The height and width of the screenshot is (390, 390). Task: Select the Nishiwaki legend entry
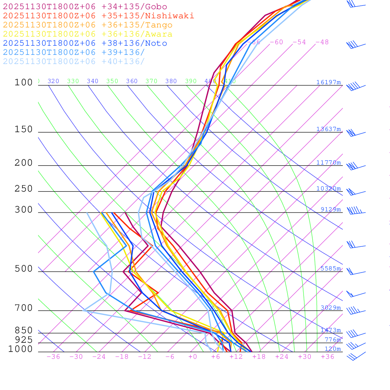(x=98, y=16)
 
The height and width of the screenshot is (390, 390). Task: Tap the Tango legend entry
(x=88, y=25)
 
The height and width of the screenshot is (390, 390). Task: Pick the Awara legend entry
(x=88, y=34)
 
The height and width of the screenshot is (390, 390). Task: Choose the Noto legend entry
(x=85, y=43)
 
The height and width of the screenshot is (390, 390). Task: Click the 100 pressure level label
(x=24, y=82)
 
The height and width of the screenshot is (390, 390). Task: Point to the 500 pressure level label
(x=24, y=269)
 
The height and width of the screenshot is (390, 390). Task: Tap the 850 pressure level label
(x=24, y=331)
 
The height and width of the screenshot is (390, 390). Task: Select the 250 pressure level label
(x=24, y=189)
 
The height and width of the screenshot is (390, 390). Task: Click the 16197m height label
(x=329, y=82)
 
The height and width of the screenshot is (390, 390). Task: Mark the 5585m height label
(x=331, y=269)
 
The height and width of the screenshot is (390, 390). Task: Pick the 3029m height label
(x=331, y=308)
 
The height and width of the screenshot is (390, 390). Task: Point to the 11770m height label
(x=329, y=163)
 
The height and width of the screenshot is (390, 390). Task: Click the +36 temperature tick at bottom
(x=328, y=357)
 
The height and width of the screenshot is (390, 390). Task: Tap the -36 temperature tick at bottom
(x=53, y=357)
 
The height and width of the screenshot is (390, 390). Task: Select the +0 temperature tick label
(x=193, y=357)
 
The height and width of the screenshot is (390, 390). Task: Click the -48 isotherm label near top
(x=322, y=42)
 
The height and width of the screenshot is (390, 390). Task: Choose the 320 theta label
(x=53, y=81)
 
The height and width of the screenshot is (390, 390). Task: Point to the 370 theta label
(x=151, y=81)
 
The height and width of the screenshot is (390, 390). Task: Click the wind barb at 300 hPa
(x=354, y=210)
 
